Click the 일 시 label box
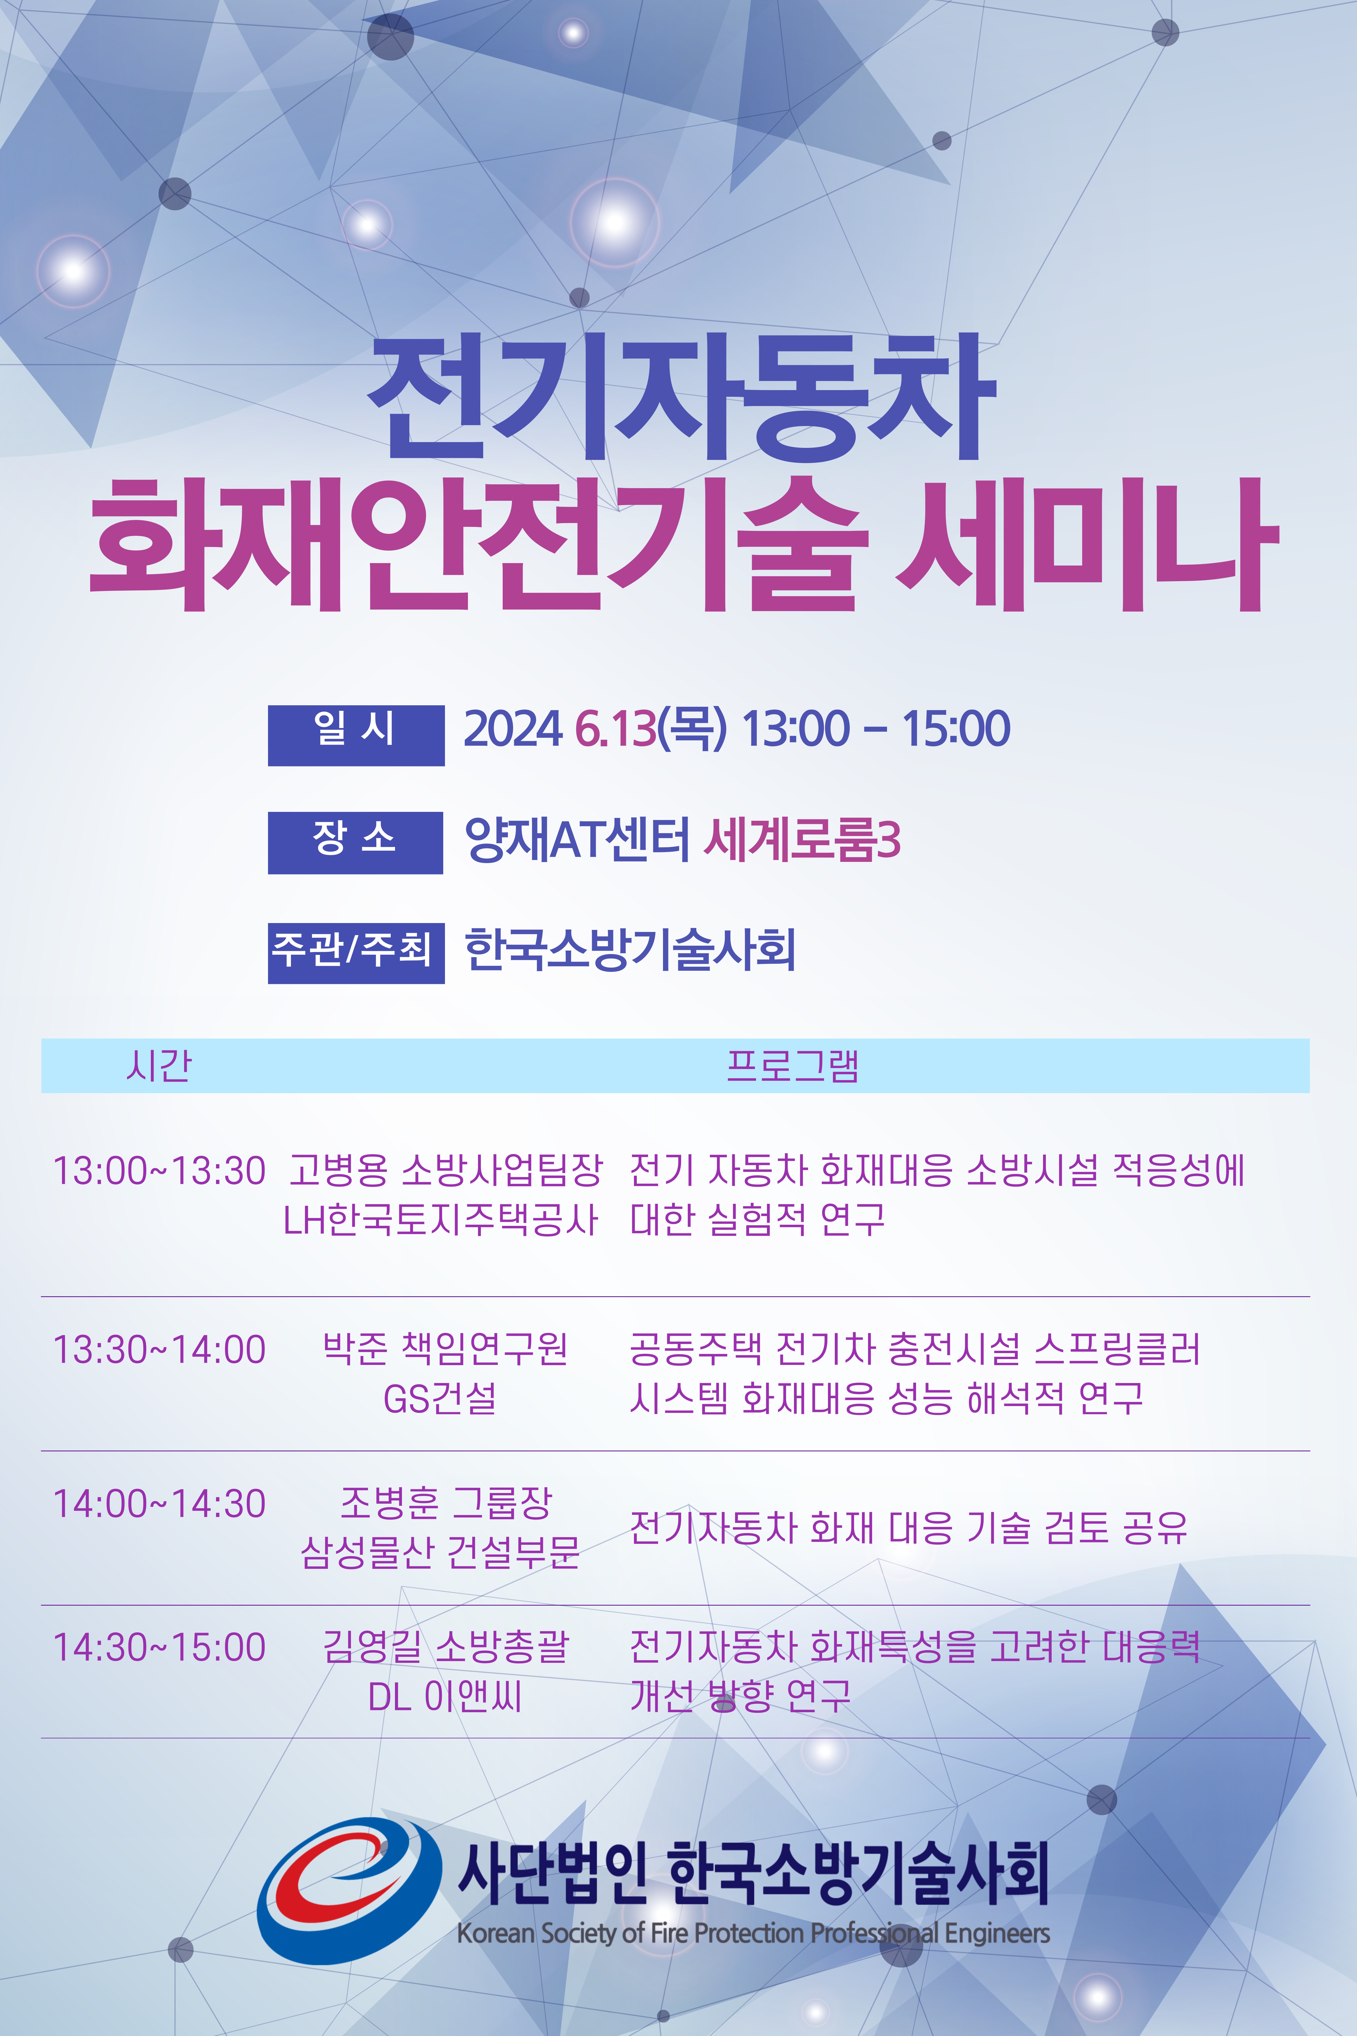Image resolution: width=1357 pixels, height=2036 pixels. [356, 735]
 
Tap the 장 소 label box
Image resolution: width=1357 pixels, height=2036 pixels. [356, 842]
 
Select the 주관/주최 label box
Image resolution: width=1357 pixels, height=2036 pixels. [356, 953]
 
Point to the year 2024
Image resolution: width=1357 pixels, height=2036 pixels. [513, 729]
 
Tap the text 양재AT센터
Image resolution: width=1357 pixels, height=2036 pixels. [577, 839]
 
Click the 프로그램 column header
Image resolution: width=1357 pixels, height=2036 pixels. [793, 1065]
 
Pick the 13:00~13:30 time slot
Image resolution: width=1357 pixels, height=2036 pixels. [159, 1171]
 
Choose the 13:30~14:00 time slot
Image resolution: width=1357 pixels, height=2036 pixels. [159, 1349]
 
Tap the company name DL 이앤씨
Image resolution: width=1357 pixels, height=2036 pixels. [445, 1696]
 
